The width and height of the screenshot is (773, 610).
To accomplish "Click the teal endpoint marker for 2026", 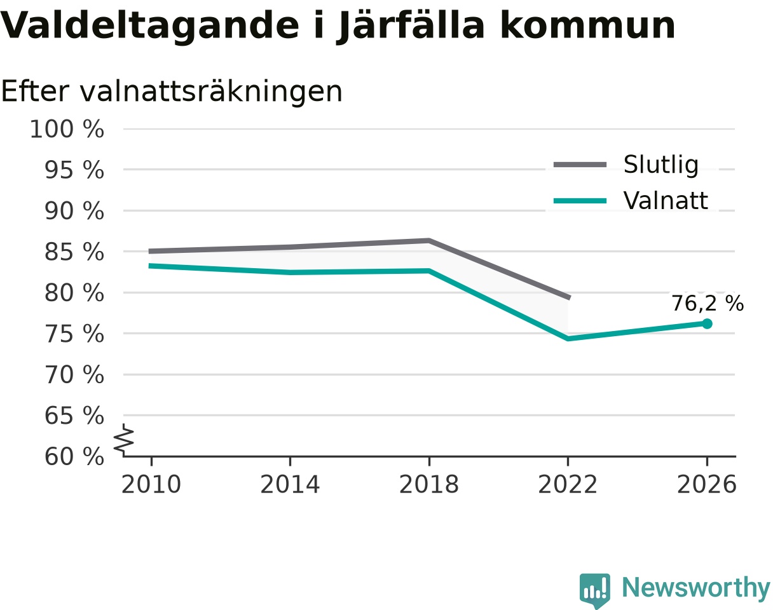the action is (x=706, y=324).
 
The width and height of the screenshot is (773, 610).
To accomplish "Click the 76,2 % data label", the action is (x=708, y=304).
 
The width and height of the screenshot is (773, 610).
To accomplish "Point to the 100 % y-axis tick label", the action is (x=67, y=129).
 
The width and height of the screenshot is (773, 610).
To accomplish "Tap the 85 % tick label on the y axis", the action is (x=74, y=252).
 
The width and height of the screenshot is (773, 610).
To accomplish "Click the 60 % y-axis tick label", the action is (x=74, y=457).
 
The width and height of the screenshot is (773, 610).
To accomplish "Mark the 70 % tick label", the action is (x=74, y=375).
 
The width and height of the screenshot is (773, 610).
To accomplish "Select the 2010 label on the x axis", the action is (x=151, y=484).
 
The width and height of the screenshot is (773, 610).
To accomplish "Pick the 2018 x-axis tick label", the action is (x=429, y=484).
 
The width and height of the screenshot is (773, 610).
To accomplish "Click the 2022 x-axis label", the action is (x=568, y=484).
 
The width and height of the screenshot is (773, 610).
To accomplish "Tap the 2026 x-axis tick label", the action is (x=706, y=484).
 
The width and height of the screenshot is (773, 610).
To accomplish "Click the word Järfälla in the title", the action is (x=411, y=26).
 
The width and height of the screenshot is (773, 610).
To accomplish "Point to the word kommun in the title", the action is (x=588, y=25).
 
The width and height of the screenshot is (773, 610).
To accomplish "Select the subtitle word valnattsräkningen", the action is (x=211, y=92).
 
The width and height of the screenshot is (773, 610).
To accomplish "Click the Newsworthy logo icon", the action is (x=595, y=589).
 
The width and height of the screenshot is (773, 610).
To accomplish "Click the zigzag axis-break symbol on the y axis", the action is (x=124, y=438).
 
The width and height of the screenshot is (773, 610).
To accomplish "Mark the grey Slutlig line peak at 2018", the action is (x=429, y=241).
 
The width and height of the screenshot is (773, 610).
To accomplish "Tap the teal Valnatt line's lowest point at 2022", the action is (x=568, y=339).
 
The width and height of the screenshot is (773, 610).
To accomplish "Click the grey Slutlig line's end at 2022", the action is (x=569, y=297).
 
